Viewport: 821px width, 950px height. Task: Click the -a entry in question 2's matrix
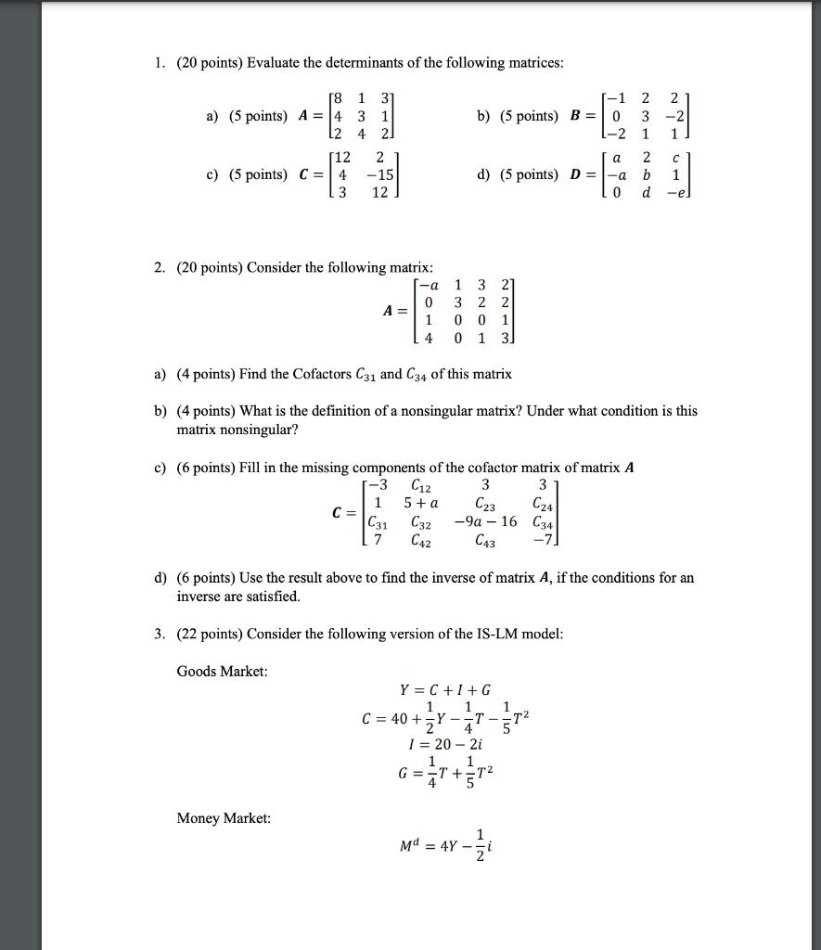pos(429,285)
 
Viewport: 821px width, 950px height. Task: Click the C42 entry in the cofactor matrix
pos(419,540)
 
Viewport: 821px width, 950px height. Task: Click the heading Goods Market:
pos(222,671)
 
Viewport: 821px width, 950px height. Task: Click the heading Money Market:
pos(224,818)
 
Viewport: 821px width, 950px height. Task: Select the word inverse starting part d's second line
pos(199,597)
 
